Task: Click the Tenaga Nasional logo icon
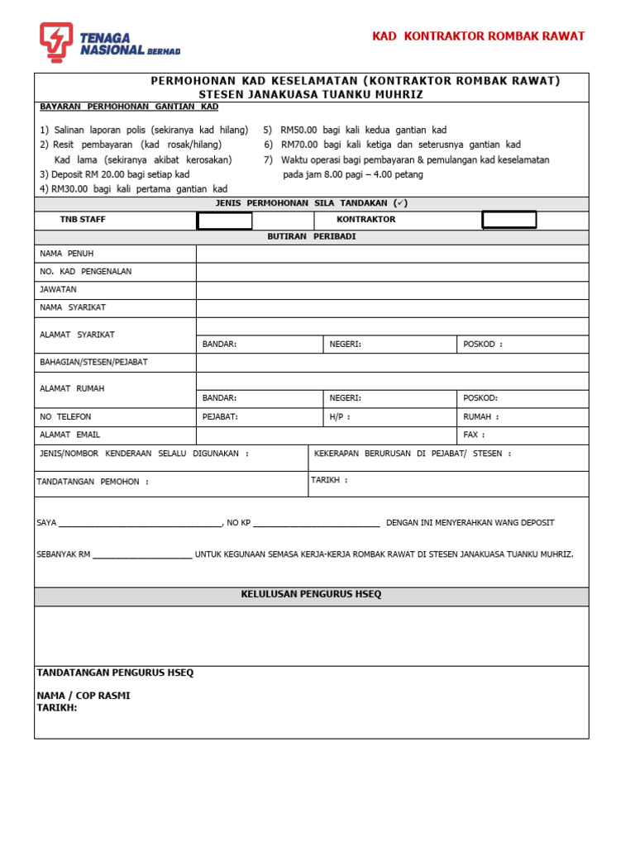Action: coord(56,42)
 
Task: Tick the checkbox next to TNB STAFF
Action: coord(224,221)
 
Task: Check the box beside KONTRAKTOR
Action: coord(509,220)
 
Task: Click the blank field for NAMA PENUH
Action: coord(392,254)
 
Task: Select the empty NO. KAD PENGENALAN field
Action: coord(392,272)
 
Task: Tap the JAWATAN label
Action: coord(58,290)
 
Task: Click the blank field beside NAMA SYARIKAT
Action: coord(392,308)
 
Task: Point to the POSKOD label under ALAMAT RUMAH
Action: coord(480,398)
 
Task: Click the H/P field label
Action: coord(339,417)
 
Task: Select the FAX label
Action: coord(474,435)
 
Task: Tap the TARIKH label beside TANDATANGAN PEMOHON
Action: coord(329,480)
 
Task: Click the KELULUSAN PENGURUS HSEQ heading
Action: coord(311,595)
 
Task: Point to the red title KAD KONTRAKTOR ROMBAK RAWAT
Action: coord(478,36)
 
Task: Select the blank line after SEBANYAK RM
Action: coord(142,555)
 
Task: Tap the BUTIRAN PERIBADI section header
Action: coord(311,237)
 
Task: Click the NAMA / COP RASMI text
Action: coord(84,696)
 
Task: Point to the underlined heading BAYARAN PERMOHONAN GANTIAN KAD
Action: coord(129,107)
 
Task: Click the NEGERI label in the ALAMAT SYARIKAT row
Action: coord(345,345)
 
